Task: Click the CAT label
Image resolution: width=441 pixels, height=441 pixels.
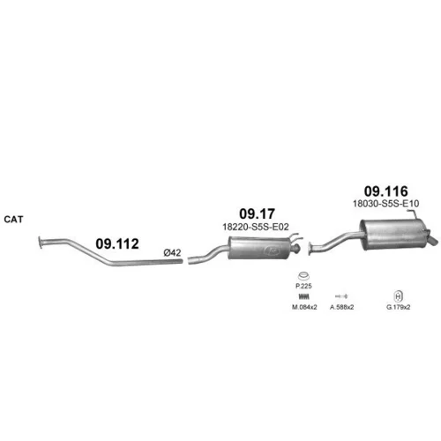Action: pyautogui.click(x=13, y=220)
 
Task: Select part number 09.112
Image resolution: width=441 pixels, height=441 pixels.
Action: pyautogui.click(x=117, y=244)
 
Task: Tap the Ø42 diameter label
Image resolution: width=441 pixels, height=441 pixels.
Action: pyautogui.click(x=172, y=252)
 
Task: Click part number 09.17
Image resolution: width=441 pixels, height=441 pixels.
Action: pyautogui.click(x=258, y=214)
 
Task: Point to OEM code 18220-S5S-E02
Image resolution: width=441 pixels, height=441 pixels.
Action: pyautogui.click(x=256, y=227)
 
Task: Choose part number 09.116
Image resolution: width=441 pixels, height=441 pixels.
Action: pyautogui.click(x=386, y=191)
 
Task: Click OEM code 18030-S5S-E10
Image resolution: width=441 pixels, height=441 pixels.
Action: pyautogui.click(x=386, y=204)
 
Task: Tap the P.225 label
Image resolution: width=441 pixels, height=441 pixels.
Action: pyautogui.click(x=303, y=286)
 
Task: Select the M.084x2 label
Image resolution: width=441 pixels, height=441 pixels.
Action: pyautogui.click(x=304, y=307)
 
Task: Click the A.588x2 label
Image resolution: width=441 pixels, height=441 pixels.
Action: pyautogui.click(x=341, y=307)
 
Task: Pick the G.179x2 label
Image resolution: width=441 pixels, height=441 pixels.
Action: pyautogui.click(x=398, y=307)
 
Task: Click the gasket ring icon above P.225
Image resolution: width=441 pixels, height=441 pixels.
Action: pyautogui.click(x=303, y=276)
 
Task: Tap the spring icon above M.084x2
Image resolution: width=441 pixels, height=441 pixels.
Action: pyautogui.click(x=304, y=296)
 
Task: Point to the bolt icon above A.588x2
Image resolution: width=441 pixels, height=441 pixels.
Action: pyautogui.click(x=341, y=295)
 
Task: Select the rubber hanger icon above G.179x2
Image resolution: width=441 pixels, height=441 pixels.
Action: pyautogui.click(x=398, y=296)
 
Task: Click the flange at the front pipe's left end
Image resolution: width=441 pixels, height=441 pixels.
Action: pyautogui.click(x=41, y=243)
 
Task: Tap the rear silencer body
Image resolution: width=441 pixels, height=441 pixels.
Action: pyautogui.click(x=393, y=235)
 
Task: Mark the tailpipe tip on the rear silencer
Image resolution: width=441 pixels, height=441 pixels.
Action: pyautogui.click(x=434, y=242)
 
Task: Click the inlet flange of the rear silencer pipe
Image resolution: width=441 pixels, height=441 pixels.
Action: pyautogui.click(x=310, y=249)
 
